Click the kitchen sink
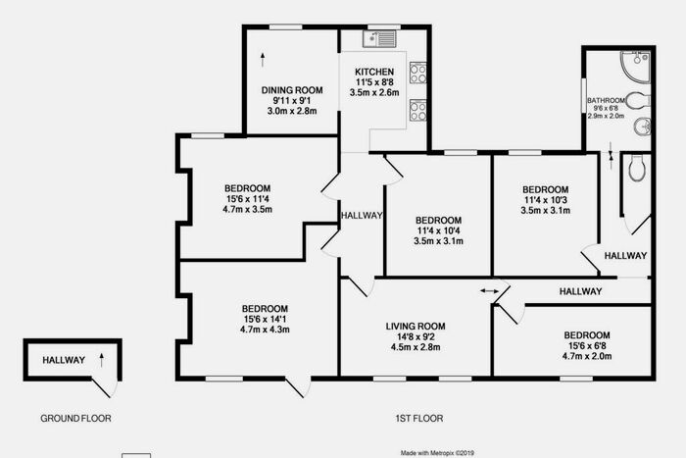click(379, 39)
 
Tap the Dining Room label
click(292, 90)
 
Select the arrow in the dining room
click(263, 60)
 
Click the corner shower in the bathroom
click(635, 66)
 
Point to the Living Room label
click(416, 327)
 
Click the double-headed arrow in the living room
click(489, 290)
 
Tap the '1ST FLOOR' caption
click(419, 419)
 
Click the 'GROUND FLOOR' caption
click(75, 419)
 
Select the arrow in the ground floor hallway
click(102, 360)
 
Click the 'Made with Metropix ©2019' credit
click(437, 453)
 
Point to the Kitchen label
click(374, 72)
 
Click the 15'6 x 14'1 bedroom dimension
click(265, 319)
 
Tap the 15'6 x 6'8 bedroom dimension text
click(587, 346)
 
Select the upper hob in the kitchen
click(417, 73)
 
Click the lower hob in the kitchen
click(417, 111)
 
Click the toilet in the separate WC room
click(637, 169)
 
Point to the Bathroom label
click(606, 100)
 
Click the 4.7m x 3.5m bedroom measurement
click(247, 209)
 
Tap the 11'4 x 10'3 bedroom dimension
click(545, 200)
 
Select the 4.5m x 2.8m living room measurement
click(416, 347)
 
